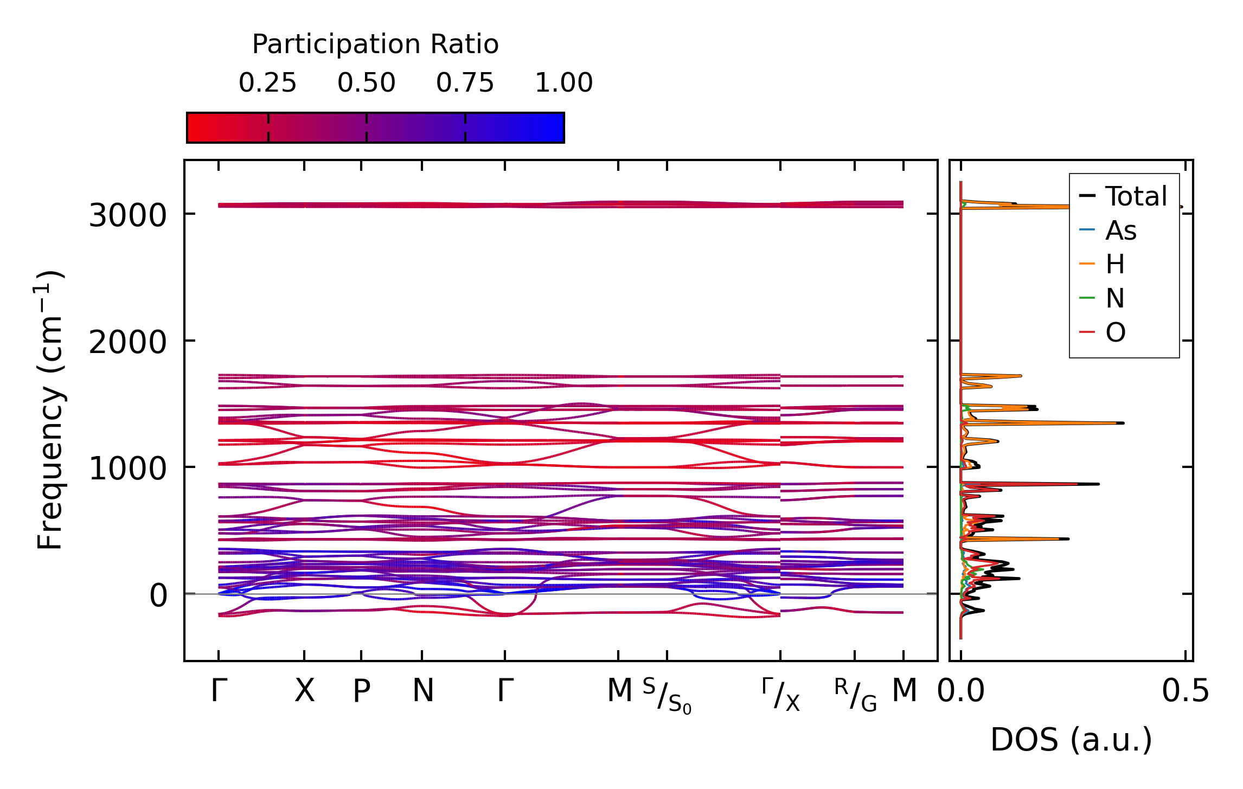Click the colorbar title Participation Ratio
tap(375, 44)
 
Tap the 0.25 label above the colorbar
tap(268, 83)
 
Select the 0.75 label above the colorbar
tap(465, 83)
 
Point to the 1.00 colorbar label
tap(564, 83)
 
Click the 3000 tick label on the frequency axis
tap(127, 215)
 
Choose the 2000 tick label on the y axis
tap(127, 342)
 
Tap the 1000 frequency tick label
tap(127, 469)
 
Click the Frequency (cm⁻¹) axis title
tap(50, 410)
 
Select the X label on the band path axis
tap(304, 691)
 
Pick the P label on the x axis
tap(362, 691)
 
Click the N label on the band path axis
tap(423, 691)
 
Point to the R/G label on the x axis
tap(855, 695)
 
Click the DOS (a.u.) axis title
tap(1071, 740)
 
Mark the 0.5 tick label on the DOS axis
tap(1186, 691)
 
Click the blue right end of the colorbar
tap(556, 128)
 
